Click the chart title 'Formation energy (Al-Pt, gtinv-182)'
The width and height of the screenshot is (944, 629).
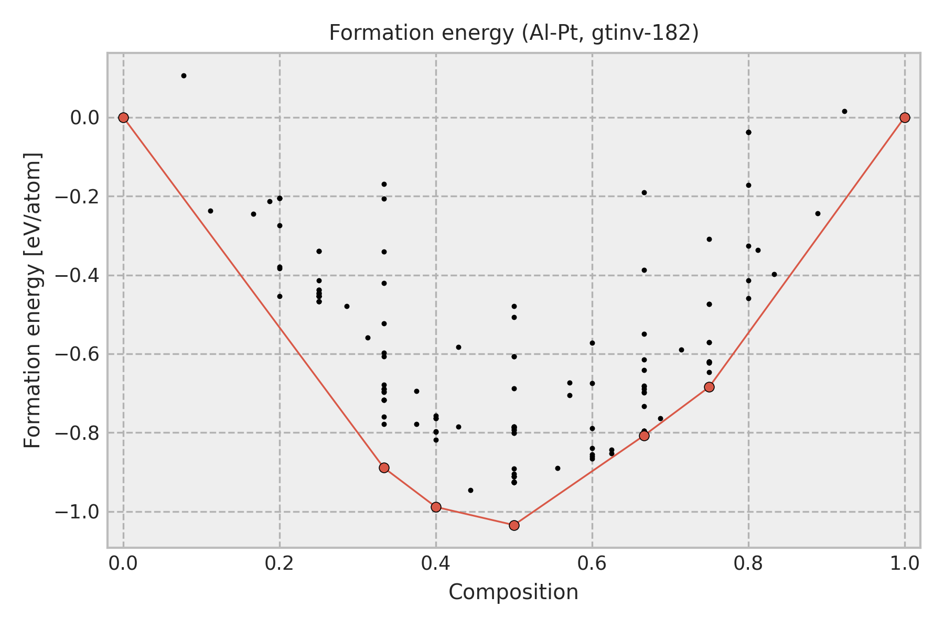[513, 33]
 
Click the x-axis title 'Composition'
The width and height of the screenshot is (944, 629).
[513, 592]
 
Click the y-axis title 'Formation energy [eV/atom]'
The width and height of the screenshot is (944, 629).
[33, 300]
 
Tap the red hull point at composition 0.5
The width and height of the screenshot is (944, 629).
[514, 525]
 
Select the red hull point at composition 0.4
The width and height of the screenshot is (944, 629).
[436, 507]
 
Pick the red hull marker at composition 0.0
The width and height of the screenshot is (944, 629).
[123, 117]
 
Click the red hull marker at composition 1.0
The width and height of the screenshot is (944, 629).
[905, 117]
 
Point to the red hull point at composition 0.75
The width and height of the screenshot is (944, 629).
[709, 387]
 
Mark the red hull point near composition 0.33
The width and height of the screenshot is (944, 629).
[384, 468]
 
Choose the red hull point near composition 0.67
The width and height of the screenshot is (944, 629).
[644, 436]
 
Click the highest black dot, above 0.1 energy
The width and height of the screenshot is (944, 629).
[184, 75]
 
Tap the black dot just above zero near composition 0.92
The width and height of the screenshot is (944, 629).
[844, 111]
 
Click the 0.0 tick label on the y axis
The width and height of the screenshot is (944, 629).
[84, 118]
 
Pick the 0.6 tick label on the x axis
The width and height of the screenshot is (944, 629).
[592, 563]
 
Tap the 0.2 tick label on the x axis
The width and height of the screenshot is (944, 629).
[280, 563]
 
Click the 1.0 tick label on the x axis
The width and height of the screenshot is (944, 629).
[905, 563]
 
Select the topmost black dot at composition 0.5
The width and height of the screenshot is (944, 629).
[514, 306]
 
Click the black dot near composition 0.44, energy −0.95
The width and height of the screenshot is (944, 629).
[470, 490]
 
